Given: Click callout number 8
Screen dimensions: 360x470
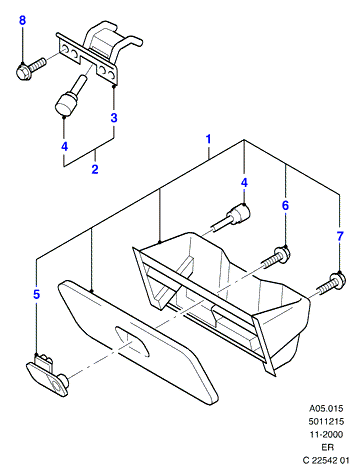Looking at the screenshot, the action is point(22,20).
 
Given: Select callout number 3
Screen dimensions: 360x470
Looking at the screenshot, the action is point(114,117).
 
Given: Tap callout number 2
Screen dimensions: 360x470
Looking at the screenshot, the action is point(95,169).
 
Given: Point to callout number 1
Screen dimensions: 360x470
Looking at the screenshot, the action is point(209,139).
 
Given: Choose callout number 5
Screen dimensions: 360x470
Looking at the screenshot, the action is point(37,294).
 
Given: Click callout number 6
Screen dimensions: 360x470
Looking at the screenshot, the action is point(285,205).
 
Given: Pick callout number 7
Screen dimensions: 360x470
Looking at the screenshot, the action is point(340,236).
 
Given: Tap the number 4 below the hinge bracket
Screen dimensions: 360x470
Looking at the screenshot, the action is point(64,146).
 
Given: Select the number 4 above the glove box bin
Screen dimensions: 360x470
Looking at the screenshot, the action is point(244,182).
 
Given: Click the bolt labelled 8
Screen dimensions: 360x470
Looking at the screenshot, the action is point(30,69).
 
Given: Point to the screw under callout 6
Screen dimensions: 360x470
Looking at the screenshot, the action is point(276,258).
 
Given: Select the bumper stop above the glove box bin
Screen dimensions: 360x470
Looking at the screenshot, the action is point(233,217).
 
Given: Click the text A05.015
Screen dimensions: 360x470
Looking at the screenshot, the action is point(326,408).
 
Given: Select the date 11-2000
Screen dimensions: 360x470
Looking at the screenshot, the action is point(326,434).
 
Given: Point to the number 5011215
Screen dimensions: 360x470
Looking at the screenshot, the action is point(326,421).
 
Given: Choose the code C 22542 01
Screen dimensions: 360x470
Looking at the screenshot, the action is point(326,460).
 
